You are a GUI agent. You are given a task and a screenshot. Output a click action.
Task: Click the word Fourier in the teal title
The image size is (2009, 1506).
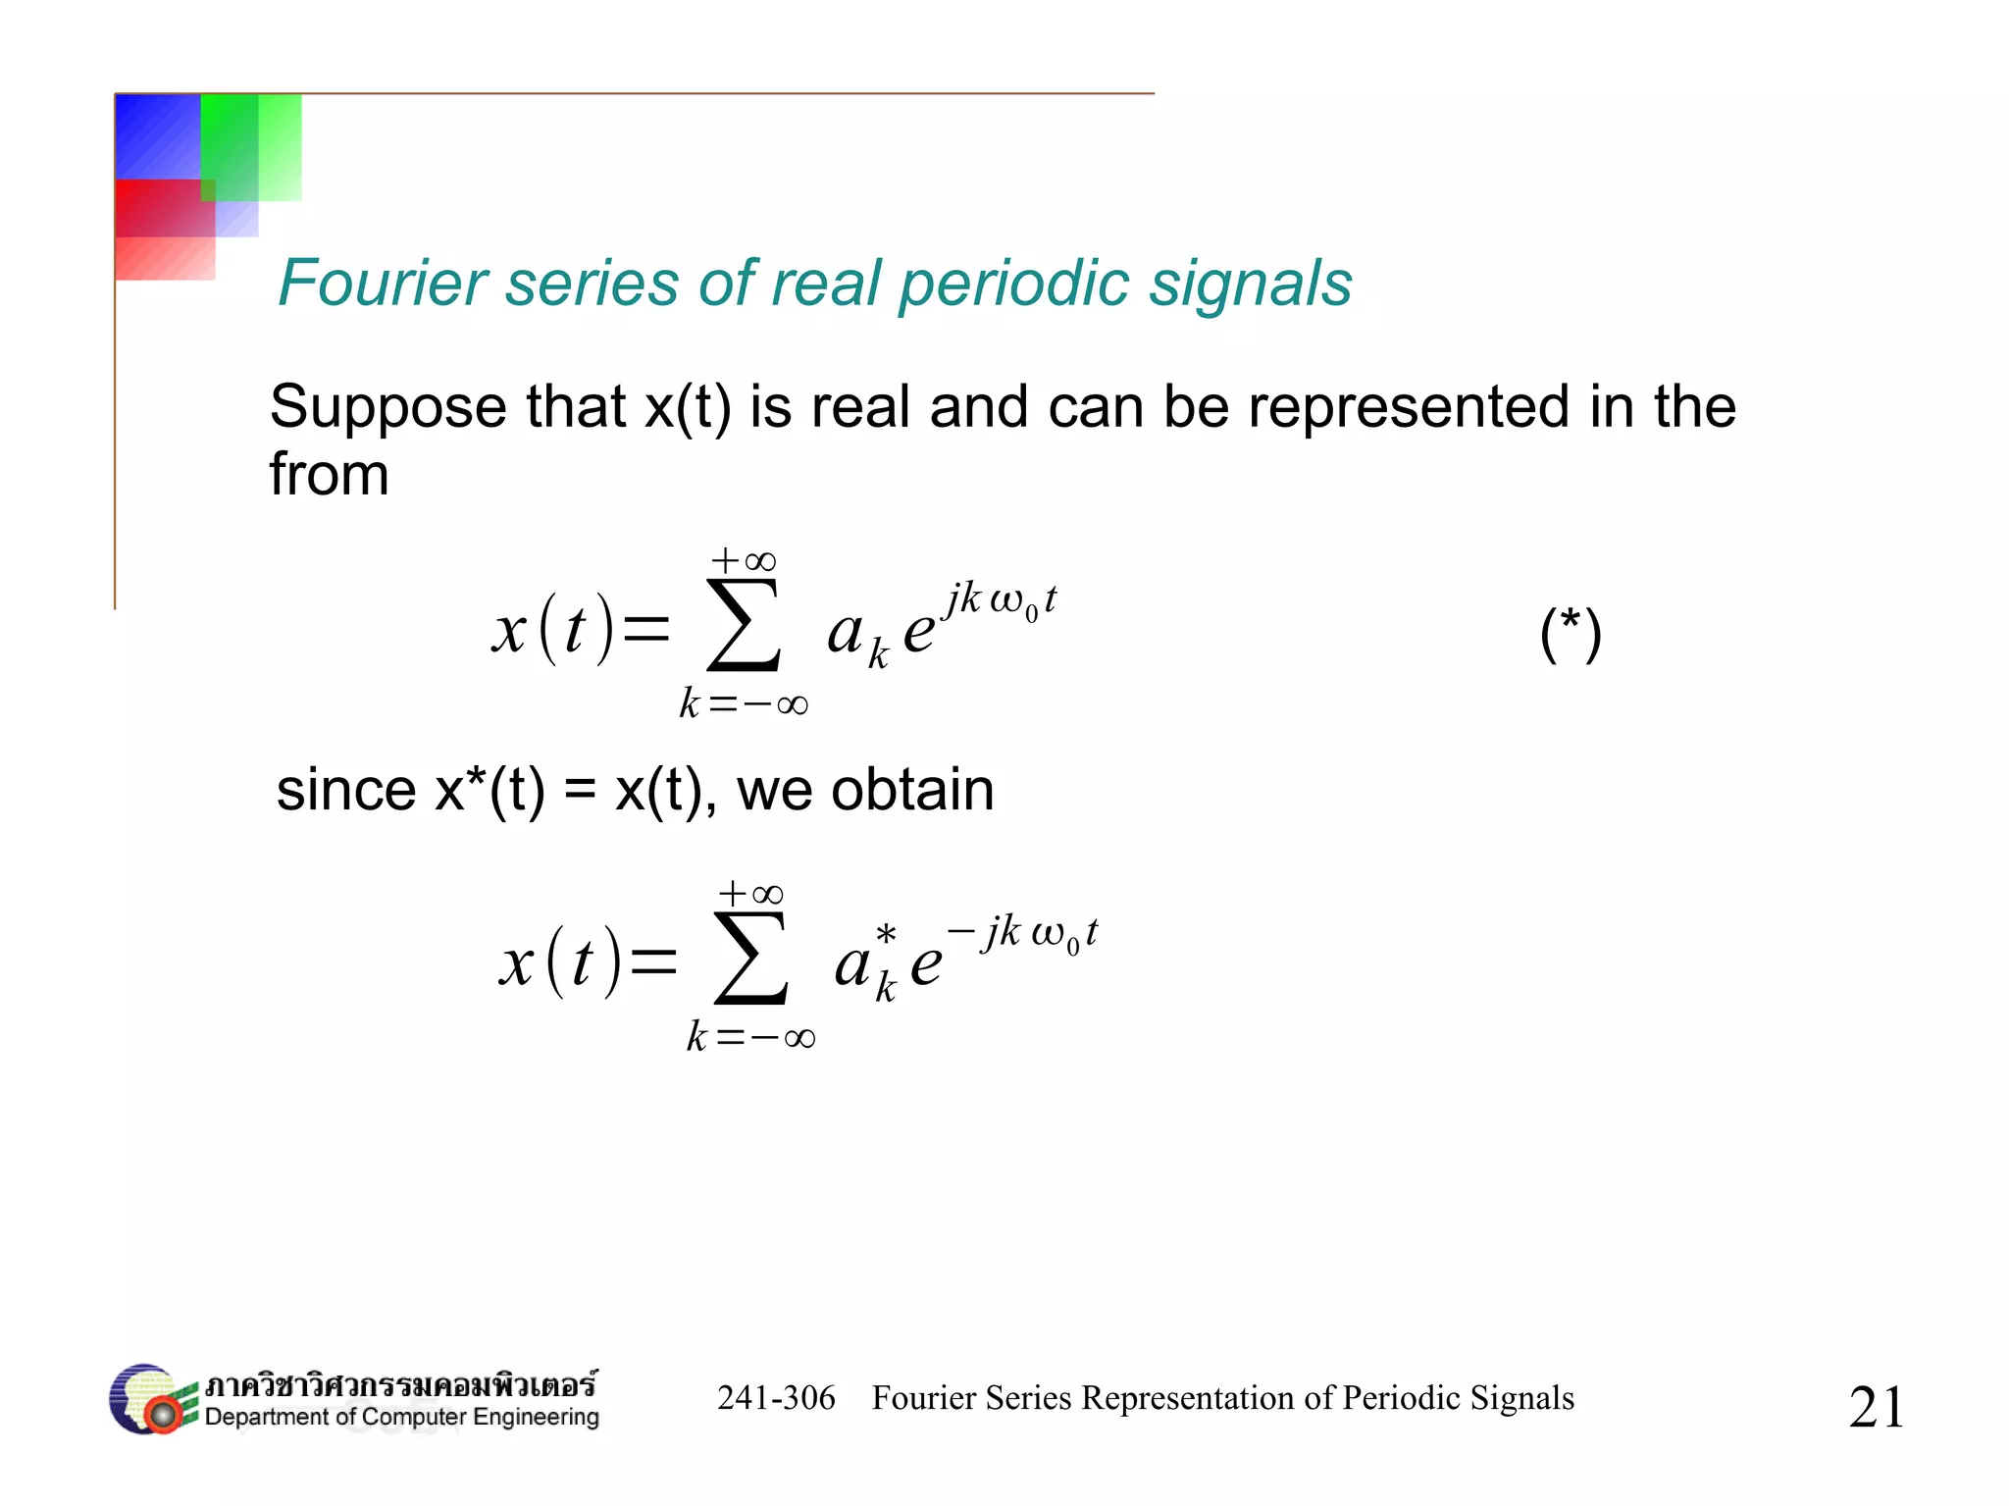[382, 284]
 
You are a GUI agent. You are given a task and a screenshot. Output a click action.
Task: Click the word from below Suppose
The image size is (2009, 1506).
[329, 475]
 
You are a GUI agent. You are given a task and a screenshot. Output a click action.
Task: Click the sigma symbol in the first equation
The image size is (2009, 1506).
[744, 627]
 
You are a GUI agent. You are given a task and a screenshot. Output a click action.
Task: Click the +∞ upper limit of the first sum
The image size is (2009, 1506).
[744, 561]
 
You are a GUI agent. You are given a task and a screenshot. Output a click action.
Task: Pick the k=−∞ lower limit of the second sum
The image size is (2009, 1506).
[750, 1037]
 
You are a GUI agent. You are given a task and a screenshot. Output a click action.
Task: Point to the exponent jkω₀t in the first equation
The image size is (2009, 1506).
[1001, 598]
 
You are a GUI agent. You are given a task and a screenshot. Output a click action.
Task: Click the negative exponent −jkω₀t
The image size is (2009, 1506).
[1022, 932]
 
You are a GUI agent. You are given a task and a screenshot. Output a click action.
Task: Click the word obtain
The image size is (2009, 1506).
[912, 790]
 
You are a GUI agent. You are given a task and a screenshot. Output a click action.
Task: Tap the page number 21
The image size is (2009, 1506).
[1876, 1406]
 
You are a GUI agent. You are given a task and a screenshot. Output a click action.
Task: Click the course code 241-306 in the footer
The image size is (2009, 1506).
[776, 1398]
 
